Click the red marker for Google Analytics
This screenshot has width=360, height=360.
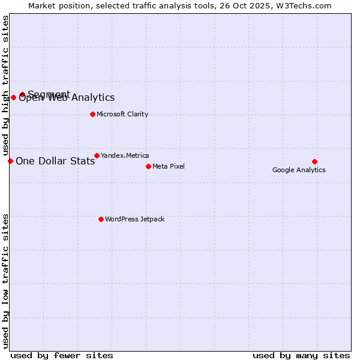click(x=314, y=161)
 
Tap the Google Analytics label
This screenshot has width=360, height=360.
click(x=299, y=170)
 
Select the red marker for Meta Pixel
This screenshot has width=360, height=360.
click(x=148, y=166)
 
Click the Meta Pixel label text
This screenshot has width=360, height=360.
click(x=169, y=166)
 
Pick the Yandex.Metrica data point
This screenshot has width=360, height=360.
click(x=97, y=155)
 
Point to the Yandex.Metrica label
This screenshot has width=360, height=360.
click(x=125, y=155)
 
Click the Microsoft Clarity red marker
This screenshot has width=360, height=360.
click(x=92, y=114)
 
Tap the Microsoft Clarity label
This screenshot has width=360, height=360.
click(x=122, y=114)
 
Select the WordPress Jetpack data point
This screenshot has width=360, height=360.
click(x=101, y=219)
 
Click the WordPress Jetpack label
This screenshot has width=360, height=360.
click(x=134, y=219)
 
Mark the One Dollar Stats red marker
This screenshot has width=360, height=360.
click(x=10, y=161)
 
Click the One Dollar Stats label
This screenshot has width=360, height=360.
click(x=55, y=161)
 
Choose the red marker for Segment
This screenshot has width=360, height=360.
click(x=22, y=94)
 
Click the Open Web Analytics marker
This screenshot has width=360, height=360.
click(x=13, y=97)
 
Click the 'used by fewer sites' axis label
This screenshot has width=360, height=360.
click(x=62, y=355)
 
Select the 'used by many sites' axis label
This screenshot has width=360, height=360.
click(x=301, y=355)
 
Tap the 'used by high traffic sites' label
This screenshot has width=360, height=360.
click(x=5, y=84)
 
